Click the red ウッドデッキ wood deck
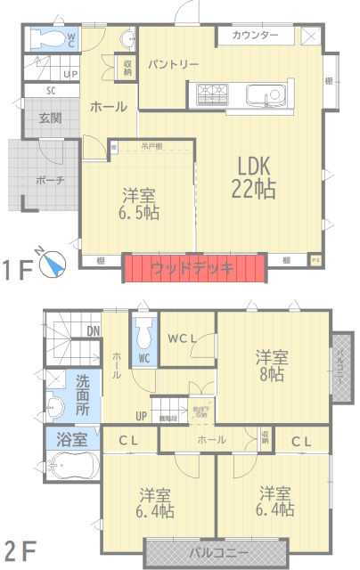point(195,268)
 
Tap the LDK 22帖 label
point(255,177)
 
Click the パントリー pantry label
point(173,65)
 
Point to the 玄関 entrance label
point(50,118)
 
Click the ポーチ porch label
point(49,179)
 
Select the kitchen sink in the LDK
point(265,94)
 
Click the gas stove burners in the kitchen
point(213,93)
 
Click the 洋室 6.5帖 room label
point(137,203)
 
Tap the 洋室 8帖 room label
point(271,365)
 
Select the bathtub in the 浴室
point(73,467)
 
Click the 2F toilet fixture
point(143,335)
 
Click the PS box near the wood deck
point(315,260)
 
